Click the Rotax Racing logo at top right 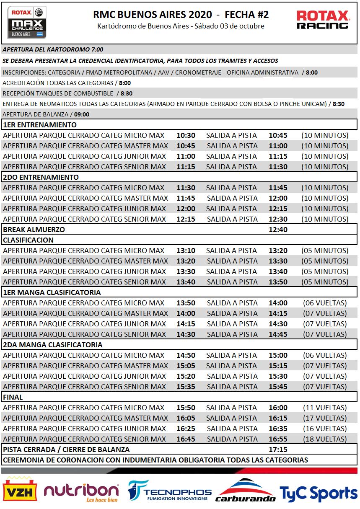click(323, 20)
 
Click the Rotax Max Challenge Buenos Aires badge click(27, 23)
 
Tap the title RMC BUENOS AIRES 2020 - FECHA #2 click(181, 15)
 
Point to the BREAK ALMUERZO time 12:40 click(278, 230)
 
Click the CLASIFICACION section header click(28, 240)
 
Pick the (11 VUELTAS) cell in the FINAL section click(325, 408)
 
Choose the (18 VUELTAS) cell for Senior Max click(325, 439)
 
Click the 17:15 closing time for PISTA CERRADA click(278, 450)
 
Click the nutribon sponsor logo click(81, 491)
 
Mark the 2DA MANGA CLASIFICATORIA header click(53, 345)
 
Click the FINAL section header click(13, 397)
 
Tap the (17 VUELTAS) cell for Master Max click(325, 418)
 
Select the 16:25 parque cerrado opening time click(186, 429)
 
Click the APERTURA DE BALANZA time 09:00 click(82, 114)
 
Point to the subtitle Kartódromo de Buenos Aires click(181, 26)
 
